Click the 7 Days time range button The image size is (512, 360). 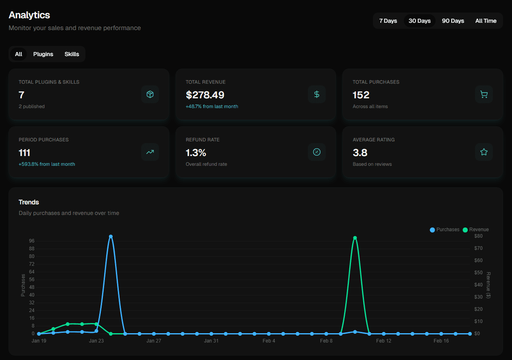pos(388,21)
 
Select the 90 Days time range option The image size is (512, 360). pos(453,21)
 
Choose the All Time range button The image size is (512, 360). pos(486,21)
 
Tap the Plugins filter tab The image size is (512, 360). pos(43,54)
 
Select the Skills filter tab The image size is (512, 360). pos(72,54)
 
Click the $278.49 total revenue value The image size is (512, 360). pos(205,95)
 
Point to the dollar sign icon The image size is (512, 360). pos(317,94)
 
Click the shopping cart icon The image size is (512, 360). pos(484,94)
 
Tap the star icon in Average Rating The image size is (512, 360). pos(484,152)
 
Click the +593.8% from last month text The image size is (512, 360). pos(47,164)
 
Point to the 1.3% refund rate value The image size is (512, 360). pos(196,153)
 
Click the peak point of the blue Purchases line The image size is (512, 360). pos(111,236)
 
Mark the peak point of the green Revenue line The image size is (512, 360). pos(355,238)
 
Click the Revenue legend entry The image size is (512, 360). pos(476,230)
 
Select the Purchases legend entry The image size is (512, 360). pos(445,230)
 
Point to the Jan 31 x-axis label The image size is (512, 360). pos(211,341)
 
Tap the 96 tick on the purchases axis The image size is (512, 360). pos(32,241)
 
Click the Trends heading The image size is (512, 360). pos(29,202)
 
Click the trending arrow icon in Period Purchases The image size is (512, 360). pos(150,152)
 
